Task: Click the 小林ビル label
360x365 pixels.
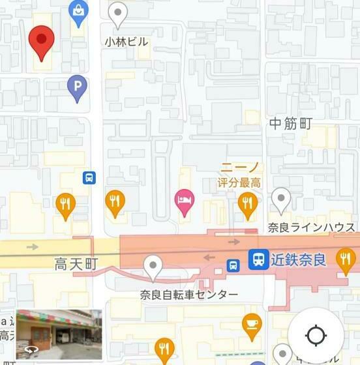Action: (x=126, y=42)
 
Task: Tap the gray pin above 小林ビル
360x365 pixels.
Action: (x=117, y=13)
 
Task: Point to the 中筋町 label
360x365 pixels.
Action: (x=291, y=122)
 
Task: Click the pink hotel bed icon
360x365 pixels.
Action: (x=185, y=199)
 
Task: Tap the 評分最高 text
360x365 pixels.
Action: (x=240, y=182)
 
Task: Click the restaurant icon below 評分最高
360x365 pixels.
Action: (x=247, y=203)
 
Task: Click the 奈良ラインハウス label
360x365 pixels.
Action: (x=312, y=227)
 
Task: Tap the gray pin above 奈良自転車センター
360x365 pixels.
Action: (x=153, y=266)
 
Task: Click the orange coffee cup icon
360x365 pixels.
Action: (x=252, y=323)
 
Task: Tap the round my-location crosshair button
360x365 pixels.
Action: (x=316, y=336)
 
